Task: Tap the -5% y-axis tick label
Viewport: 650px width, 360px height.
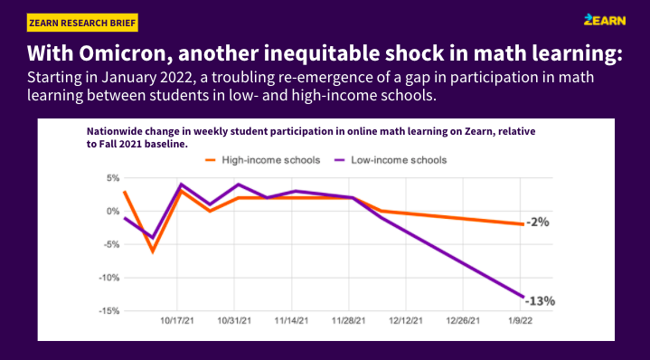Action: [109, 244]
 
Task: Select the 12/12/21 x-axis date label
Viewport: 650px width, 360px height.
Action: [407, 320]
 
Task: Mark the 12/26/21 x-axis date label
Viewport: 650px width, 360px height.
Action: [464, 320]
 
